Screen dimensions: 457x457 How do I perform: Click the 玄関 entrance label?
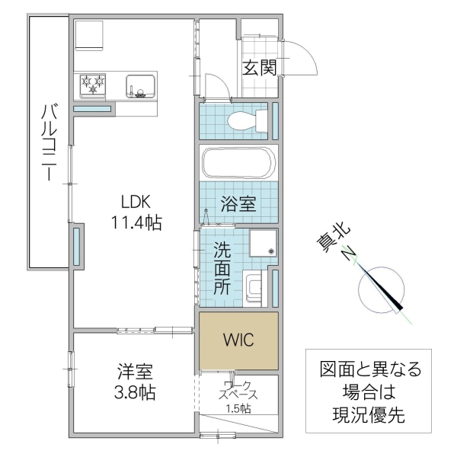(259, 67)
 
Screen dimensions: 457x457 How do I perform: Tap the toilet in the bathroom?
(244, 120)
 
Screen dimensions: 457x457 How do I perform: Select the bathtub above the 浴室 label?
(238, 163)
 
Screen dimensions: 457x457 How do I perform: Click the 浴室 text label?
(238, 203)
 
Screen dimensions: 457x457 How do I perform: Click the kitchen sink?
(141, 85)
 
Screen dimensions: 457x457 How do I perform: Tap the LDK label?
(137, 202)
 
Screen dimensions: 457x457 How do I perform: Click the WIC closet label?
(238, 340)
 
